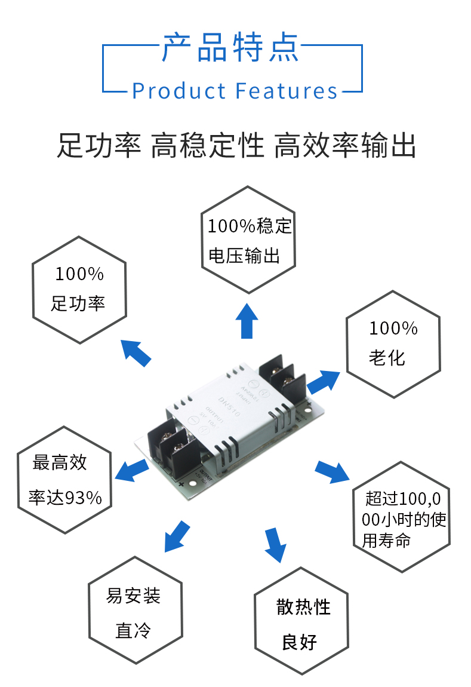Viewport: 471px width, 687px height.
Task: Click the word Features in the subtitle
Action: point(287,91)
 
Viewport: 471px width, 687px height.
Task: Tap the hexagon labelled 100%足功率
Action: point(79,290)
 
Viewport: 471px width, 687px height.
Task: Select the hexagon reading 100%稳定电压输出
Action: point(249,240)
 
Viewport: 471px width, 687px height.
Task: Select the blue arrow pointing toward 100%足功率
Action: point(136,352)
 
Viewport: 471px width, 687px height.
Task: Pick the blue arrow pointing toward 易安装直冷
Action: point(177,535)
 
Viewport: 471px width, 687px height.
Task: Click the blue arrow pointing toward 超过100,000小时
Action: point(332,471)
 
